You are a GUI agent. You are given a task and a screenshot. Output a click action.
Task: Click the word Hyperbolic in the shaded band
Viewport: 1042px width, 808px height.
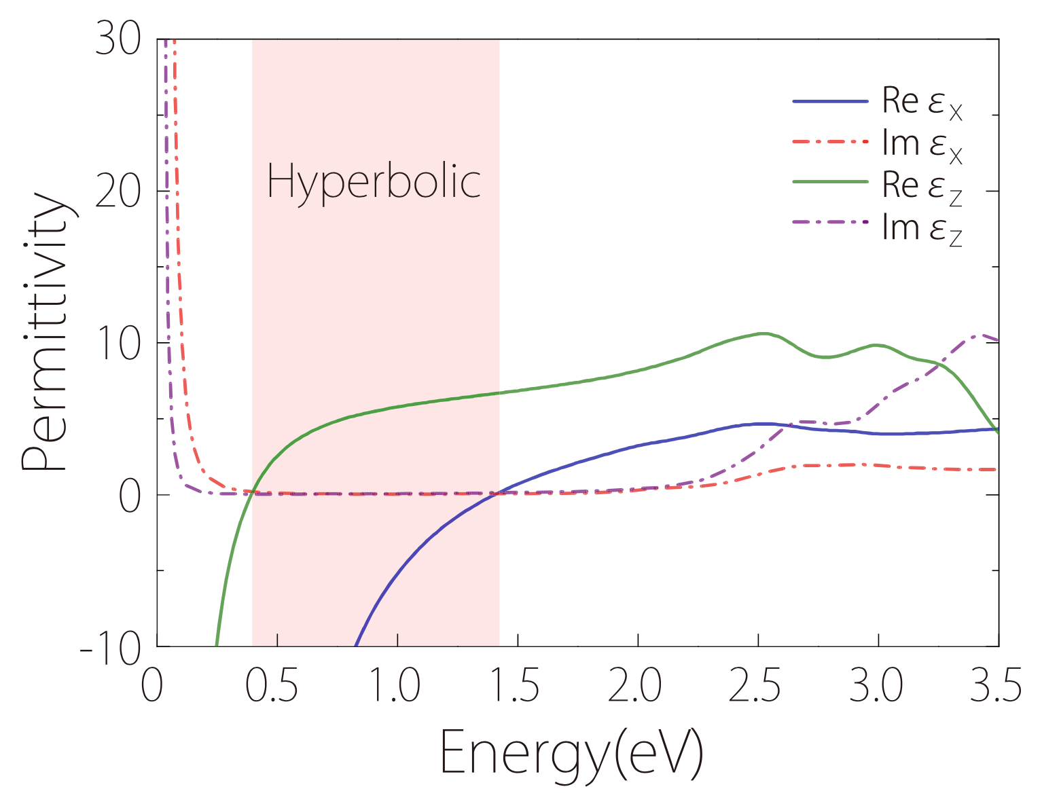pyautogui.click(x=374, y=181)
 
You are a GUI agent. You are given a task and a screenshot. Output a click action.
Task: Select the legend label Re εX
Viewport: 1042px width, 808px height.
pyautogui.click(x=922, y=102)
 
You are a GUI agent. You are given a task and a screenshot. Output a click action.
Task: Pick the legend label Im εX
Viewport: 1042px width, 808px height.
pyautogui.click(x=922, y=144)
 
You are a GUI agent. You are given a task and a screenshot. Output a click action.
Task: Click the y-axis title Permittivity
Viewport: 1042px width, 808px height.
pyautogui.click(x=45, y=333)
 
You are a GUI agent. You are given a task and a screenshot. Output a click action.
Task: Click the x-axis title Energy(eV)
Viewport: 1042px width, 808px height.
pyautogui.click(x=571, y=754)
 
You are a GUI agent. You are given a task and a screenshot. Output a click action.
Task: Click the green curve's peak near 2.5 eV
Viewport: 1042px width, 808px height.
pyautogui.click(x=763, y=333)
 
